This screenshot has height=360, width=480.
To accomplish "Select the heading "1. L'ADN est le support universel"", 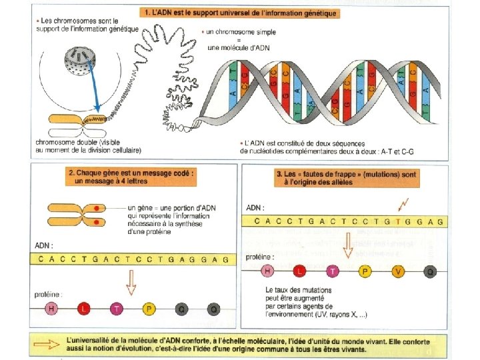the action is point(239,13).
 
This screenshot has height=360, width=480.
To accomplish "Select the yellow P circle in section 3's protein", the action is point(365,271).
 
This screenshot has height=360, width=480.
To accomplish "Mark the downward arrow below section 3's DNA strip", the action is point(348,247).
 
